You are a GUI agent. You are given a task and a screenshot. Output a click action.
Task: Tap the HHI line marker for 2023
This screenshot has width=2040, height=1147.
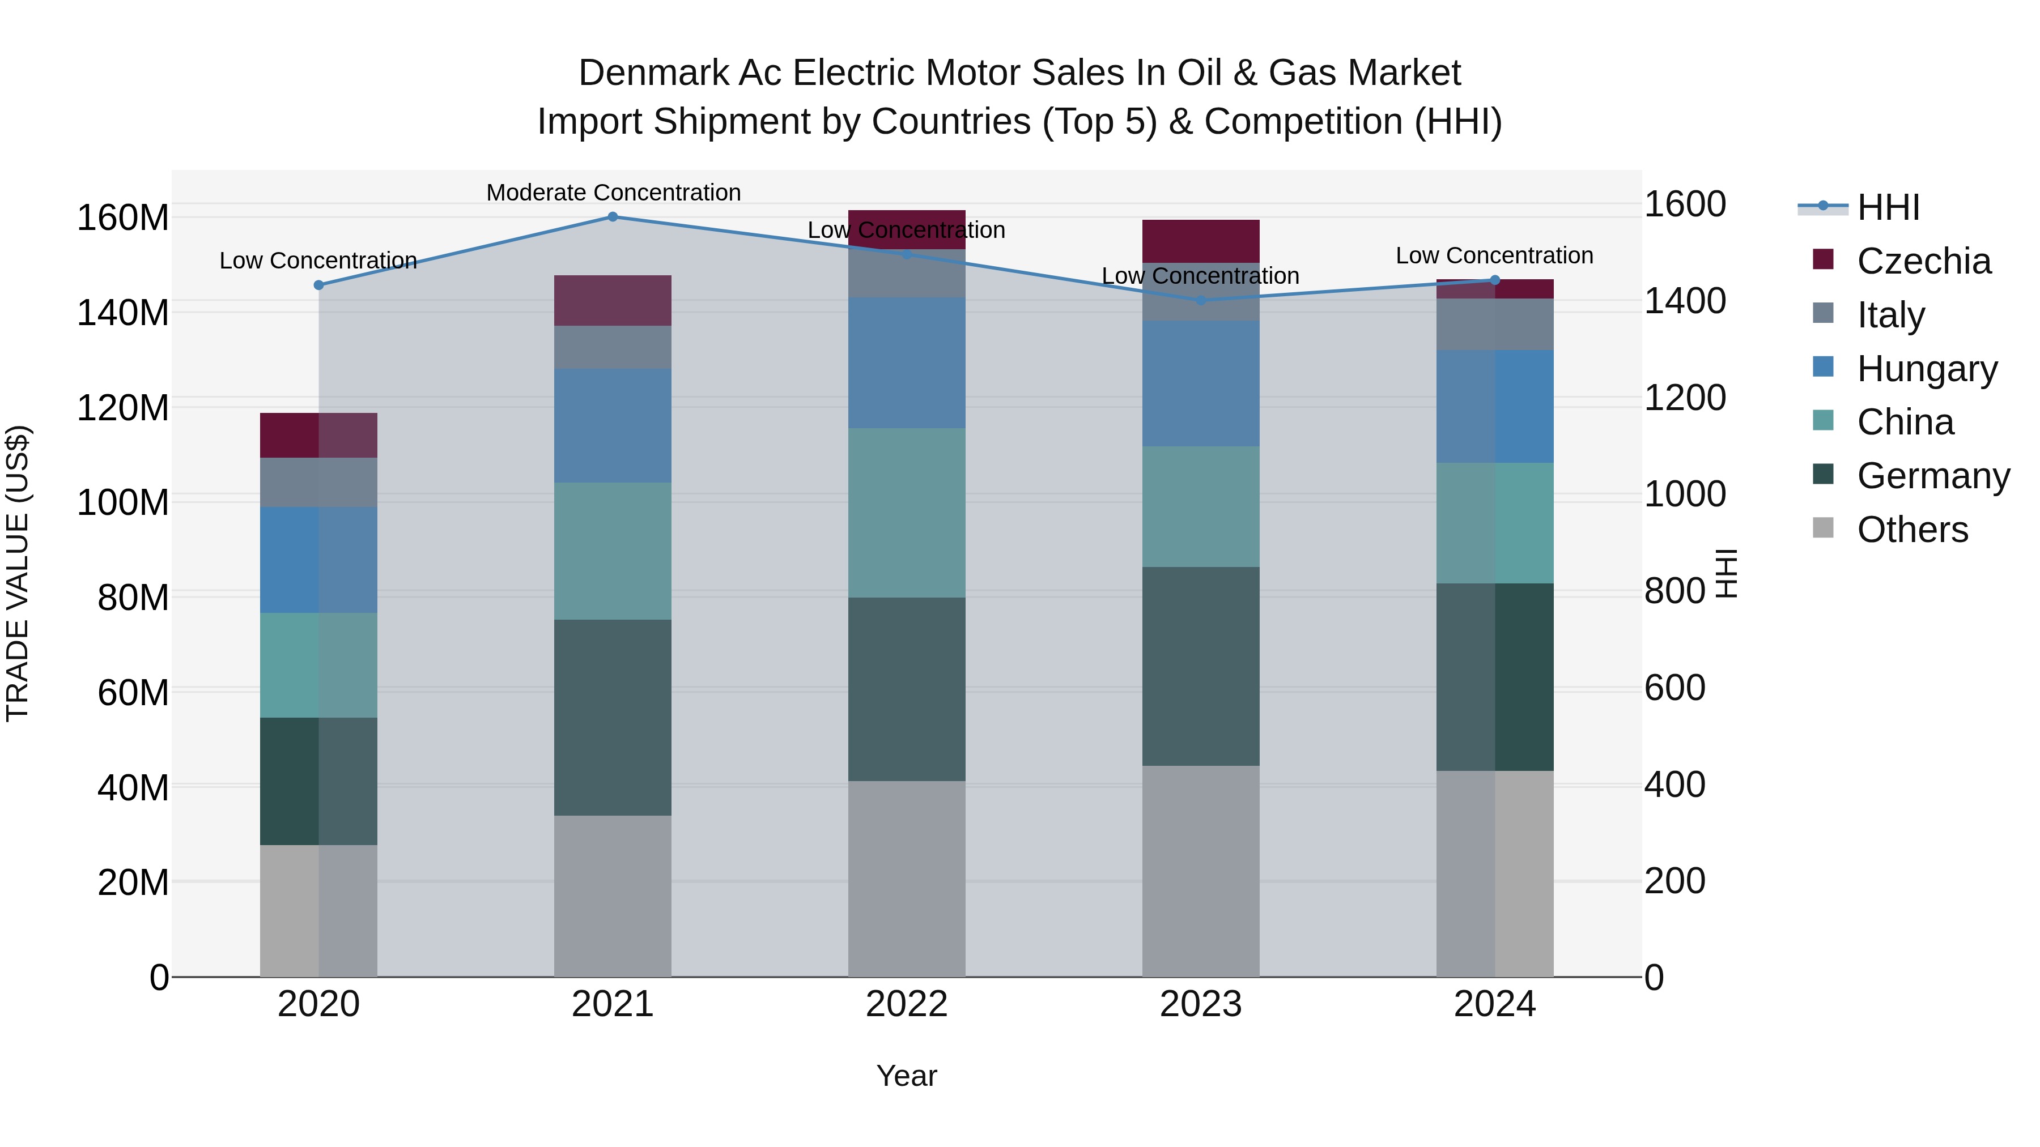pyautogui.click(x=1201, y=300)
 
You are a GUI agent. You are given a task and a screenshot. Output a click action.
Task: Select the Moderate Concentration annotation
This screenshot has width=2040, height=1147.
pyautogui.click(x=613, y=193)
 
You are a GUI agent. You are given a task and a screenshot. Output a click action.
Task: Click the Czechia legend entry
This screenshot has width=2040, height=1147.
pyautogui.click(x=1923, y=261)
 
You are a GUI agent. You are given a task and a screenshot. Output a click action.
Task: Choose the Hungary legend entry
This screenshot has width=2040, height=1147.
pyautogui.click(x=1926, y=369)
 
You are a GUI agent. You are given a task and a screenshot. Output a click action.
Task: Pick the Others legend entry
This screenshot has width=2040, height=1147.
pyautogui.click(x=1912, y=530)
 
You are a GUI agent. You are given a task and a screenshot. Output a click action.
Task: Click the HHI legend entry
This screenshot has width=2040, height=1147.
pyautogui.click(x=1888, y=207)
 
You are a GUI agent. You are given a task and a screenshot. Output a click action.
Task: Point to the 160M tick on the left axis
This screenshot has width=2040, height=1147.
pyautogui.click(x=123, y=218)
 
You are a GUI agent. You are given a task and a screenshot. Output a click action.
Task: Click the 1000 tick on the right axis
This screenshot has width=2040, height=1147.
pyautogui.click(x=1685, y=494)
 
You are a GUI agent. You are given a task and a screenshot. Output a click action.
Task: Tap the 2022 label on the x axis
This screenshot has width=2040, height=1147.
pyautogui.click(x=906, y=1004)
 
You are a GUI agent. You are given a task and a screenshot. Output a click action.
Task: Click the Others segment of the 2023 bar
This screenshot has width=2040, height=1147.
pyautogui.click(x=1201, y=871)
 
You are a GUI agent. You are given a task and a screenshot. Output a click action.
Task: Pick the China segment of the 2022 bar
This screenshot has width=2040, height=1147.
pyautogui.click(x=906, y=513)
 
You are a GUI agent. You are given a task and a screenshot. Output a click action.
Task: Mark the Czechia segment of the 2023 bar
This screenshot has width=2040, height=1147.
pyautogui.click(x=1201, y=241)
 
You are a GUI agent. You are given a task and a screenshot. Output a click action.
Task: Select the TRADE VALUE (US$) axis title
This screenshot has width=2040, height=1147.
pyautogui.click(x=18, y=573)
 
